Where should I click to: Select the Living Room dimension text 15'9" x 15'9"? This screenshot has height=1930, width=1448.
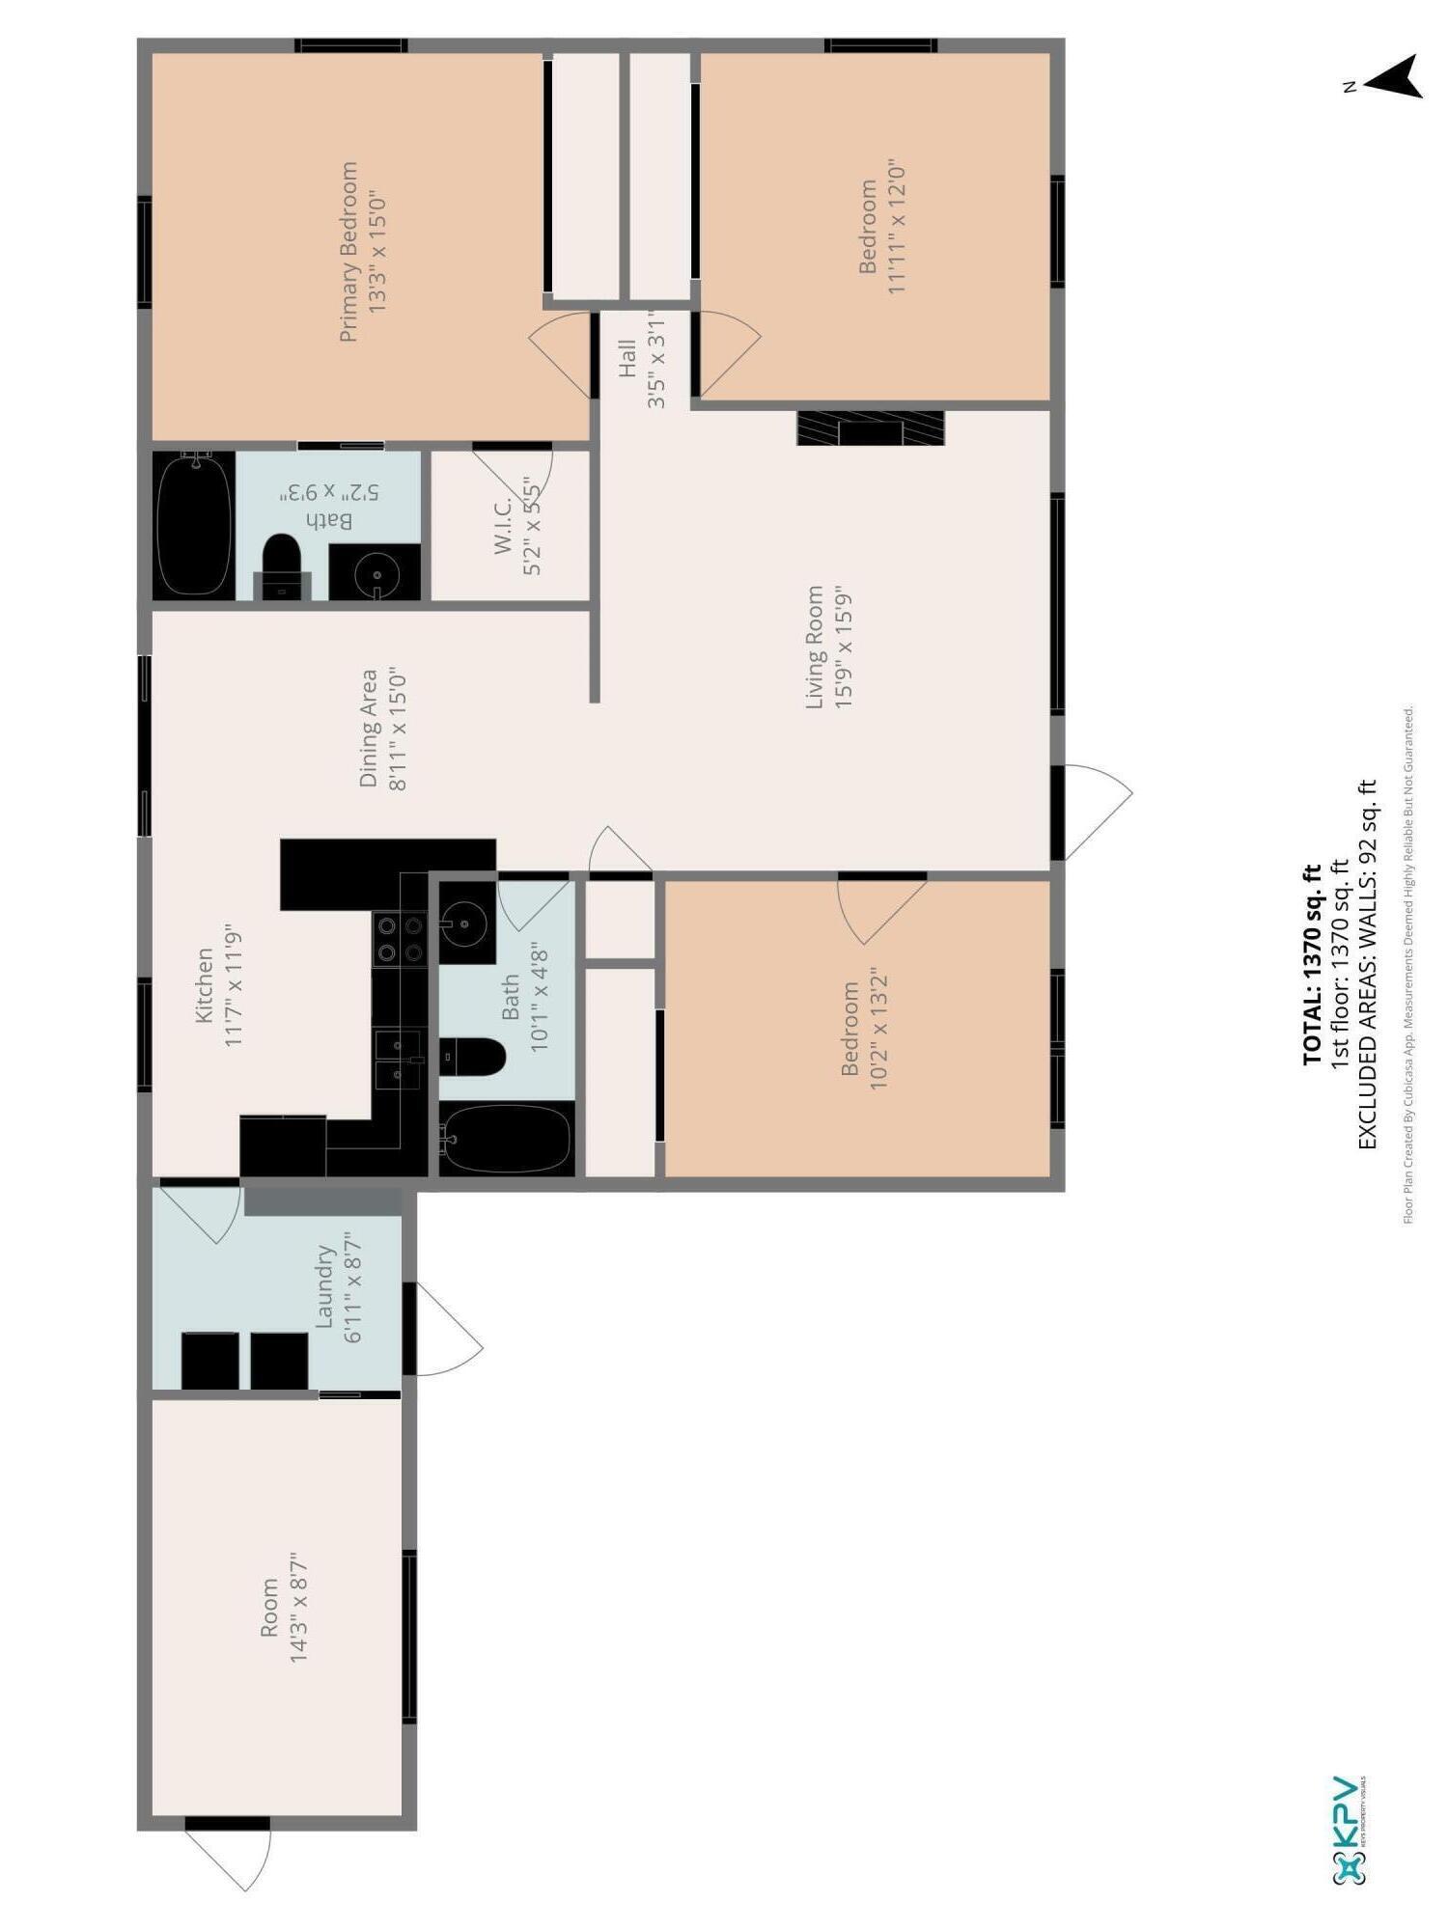[845, 647]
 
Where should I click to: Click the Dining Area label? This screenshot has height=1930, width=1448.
[369, 729]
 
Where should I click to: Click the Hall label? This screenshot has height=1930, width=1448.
[628, 357]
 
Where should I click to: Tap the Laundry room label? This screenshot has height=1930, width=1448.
[325, 1285]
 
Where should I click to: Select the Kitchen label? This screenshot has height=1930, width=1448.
[205, 984]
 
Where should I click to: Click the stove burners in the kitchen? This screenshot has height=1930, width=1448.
[401, 939]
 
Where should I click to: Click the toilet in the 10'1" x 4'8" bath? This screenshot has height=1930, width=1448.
[472, 1057]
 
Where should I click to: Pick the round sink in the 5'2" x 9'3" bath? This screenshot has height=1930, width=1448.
[376, 574]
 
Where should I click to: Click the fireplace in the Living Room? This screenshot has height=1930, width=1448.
[870, 427]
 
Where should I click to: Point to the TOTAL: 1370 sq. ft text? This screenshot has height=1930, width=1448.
[1311, 964]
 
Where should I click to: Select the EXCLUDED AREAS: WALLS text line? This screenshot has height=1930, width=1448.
[1366, 964]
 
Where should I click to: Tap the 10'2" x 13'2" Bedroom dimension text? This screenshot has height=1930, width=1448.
[879, 1030]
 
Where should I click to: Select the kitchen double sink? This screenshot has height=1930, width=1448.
[398, 1060]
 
